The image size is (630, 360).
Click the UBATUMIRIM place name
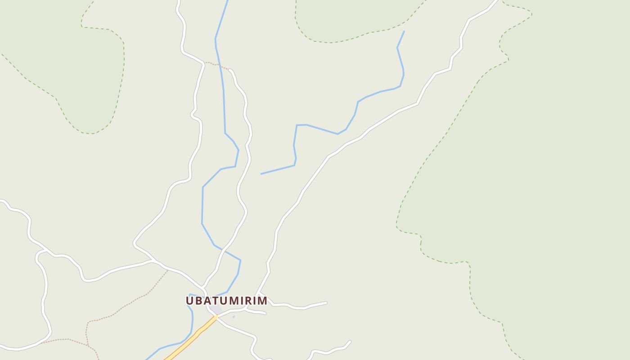pyautogui.click(x=226, y=301)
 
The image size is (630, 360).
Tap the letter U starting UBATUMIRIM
pyautogui.click(x=190, y=301)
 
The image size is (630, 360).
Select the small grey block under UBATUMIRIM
pyautogui.click(x=218, y=310)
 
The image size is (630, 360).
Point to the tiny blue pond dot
pyautogui.click(x=234, y=317)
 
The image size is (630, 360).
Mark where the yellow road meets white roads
pyautogui.click(x=216, y=317)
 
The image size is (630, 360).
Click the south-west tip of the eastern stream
pyautogui.click(x=261, y=174)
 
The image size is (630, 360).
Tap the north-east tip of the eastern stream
pyautogui.click(x=404, y=31)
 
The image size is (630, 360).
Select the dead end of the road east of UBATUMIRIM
pyautogui.click(x=326, y=303)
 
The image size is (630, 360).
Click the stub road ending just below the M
pyautogui.click(x=265, y=313)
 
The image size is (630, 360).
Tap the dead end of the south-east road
pyautogui.click(x=350, y=341)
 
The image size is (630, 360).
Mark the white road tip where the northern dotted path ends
pyautogui.click(x=229, y=70)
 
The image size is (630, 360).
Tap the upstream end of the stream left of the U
pyautogui.click(x=189, y=295)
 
